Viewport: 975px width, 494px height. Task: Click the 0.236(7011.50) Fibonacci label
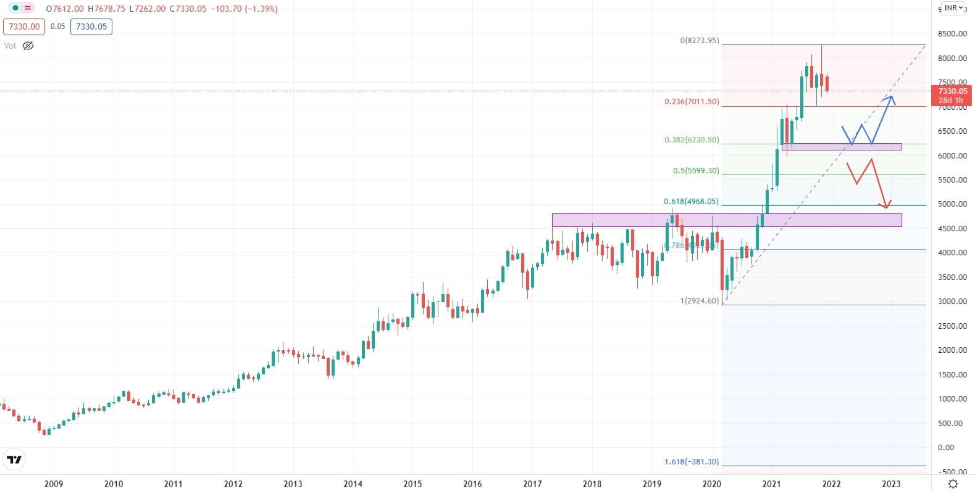click(692, 102)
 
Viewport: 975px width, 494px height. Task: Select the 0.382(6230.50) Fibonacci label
click(692, 140)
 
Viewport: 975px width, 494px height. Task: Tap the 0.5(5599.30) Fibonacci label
click(696, 171)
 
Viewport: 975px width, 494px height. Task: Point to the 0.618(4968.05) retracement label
click(691, 202)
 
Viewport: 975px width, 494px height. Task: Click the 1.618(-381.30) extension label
click(692, 462)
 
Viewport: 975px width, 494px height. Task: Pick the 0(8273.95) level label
click(700, 41)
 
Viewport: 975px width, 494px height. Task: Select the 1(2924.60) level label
click(700, 301)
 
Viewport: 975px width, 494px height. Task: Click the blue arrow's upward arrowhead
click(890, 97)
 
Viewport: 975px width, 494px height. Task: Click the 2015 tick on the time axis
click(412, 484)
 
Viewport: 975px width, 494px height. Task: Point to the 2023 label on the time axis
click(891, 484)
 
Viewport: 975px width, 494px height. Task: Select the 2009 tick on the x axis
click(54, 484)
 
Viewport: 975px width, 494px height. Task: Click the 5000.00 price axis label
click(952, 204)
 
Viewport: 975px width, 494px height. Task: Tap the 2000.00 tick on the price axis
click(952, 350)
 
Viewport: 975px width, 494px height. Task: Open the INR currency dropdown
click(953, 8)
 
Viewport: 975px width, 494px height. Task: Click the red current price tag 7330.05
click(952, 95)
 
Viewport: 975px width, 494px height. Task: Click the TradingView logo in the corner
click(14, 459)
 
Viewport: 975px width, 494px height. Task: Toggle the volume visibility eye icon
click(28, 46)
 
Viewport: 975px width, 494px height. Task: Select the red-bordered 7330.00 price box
click(24, 27)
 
